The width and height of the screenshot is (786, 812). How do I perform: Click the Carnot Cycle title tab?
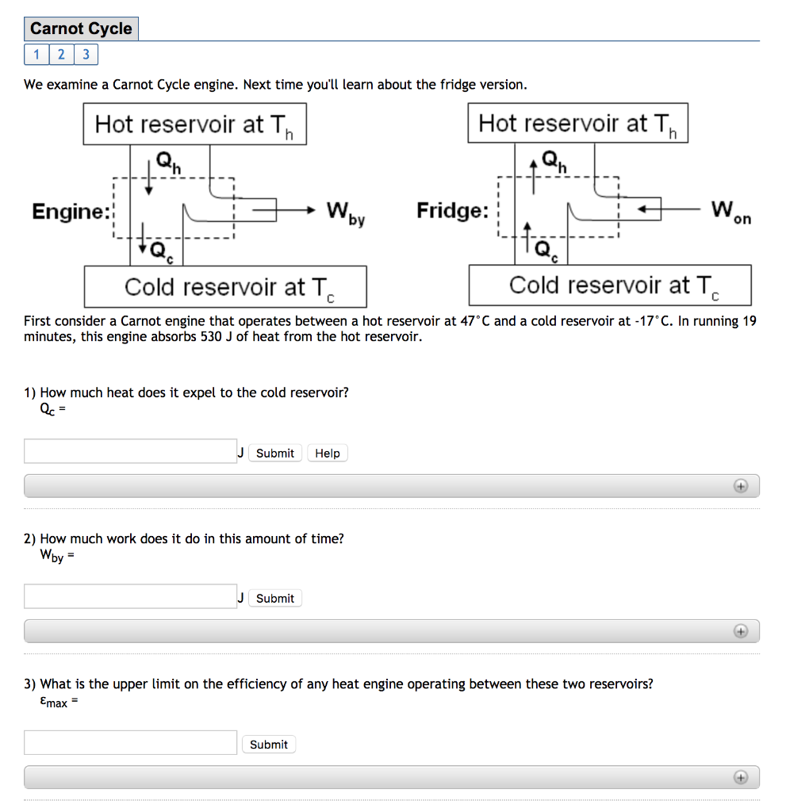click(x=81, y=29)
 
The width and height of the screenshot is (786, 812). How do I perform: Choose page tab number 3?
click(x=86, y=55)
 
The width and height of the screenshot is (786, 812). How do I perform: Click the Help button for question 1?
click(x=327, y=454)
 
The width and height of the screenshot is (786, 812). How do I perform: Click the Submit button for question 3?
click(x=268, y=745)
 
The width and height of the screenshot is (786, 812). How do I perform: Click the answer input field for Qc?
click(x=131, y=452)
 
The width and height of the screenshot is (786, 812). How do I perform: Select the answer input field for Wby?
click(x=131, y=597)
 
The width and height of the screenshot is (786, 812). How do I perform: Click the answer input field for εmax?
click(x=131, y=743)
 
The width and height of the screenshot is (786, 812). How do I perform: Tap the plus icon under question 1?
click(x=741, y=486)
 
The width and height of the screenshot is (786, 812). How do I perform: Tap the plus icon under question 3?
click(x=741, y=777)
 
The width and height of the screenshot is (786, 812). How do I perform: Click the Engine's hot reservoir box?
click(x=194, y=124)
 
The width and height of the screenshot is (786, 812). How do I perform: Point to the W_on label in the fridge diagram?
click(x=730, y=212)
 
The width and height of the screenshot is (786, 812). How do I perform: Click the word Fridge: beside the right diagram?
click(x=453, y=211)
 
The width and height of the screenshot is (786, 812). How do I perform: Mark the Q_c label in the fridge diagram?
click(x=546, y=251)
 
